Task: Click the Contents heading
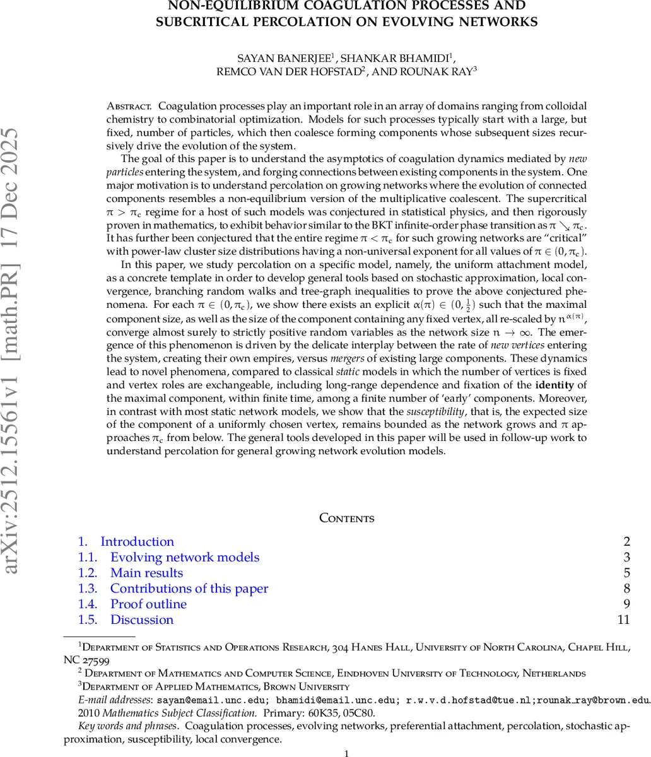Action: (x=347, y=519)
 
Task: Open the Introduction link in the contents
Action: (x=137, y=542)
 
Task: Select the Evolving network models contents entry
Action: (x=184, y=558)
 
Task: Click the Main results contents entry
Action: (x=146, y=573)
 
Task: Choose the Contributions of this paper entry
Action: (x=189, y=589)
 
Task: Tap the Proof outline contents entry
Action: (x=148, y=604)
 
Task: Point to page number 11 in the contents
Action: (x=624, y=620)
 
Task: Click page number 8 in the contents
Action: (x=626, y=589)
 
